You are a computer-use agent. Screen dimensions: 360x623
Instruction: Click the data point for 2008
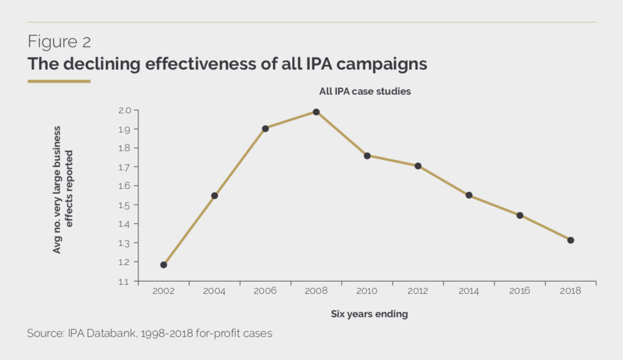pyautogui.click(x=316, y=112)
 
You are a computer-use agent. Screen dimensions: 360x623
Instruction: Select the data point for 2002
pyautogui.click(x=163, y=265)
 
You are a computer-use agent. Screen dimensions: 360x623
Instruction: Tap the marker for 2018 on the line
pyautogui.click(x=570, y=240)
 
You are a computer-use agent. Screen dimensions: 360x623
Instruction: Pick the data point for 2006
pyautogui.click(x=265, y=128)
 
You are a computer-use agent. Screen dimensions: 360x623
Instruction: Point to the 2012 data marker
pyautogui.click(x=418, y=166)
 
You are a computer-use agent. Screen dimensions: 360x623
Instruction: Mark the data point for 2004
pyautogui.click(x=214, y=195)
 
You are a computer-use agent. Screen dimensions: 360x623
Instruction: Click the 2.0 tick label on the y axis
pyautogui.click(x=124, y=110)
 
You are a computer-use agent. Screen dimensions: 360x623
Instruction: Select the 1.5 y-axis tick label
pyautogui.click(x=124, y=205)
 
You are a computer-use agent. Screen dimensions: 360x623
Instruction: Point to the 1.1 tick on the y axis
pyautogui.click(x=124, y=281)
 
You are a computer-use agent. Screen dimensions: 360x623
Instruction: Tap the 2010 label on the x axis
pyautogui.click(x=367, y=291)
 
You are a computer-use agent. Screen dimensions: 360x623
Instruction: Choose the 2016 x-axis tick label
pyautogui.click(x=520, y=291)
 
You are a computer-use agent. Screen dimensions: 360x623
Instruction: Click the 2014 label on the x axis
pyautogui.click(x=469, y=291)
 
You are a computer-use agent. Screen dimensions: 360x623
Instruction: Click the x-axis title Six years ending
pyautogui.click(x=369, y=314)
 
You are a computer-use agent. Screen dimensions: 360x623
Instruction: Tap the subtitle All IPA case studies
pyautogui.click(x=365, y=92)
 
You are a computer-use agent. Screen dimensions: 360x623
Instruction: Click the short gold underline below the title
pyautogui.click(x=59, y=81)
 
